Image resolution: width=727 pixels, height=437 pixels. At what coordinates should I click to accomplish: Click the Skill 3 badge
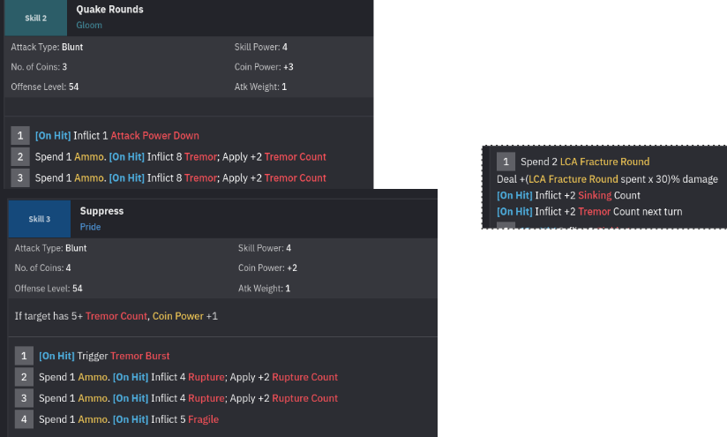40,218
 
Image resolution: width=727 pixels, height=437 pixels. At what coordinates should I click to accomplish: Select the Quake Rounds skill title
109,10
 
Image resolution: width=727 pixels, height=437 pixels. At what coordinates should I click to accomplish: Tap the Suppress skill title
101,211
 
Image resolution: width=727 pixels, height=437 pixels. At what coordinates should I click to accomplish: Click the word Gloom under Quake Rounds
89,25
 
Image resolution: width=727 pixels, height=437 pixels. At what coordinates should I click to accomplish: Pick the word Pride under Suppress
91,227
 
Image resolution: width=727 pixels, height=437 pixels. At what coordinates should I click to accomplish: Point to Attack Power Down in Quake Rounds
154,135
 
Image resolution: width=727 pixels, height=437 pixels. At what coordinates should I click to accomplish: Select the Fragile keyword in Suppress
202,419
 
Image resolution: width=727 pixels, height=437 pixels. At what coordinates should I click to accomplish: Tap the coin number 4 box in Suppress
24,419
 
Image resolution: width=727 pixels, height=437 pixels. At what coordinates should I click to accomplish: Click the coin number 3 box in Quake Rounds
19,177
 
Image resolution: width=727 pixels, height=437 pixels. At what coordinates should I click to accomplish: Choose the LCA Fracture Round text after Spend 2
604,162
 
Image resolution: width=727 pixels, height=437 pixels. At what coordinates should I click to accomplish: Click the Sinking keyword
595,195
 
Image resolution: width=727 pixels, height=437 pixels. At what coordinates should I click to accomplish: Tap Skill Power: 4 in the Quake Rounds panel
261,47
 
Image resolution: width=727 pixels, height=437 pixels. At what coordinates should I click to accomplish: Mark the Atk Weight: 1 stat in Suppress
265,289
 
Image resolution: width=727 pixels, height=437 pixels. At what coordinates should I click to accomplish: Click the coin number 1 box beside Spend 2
506,162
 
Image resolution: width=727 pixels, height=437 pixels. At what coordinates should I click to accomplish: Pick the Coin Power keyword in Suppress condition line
176,315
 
